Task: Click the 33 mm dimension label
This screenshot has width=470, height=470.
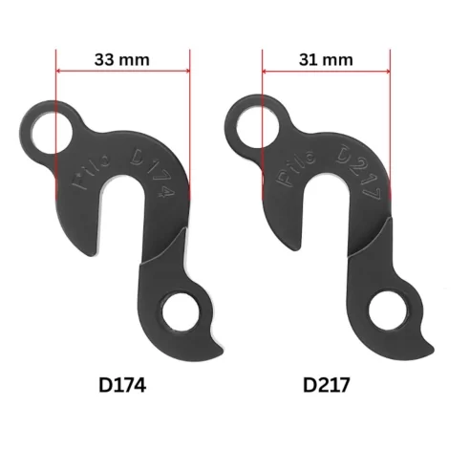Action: point(123,58)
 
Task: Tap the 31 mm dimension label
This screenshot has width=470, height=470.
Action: point(326,59)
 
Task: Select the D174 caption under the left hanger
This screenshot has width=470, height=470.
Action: point(127,387)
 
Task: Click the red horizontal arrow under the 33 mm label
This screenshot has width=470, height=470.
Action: point(123,72)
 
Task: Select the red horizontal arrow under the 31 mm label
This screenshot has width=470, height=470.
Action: point(326,72)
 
